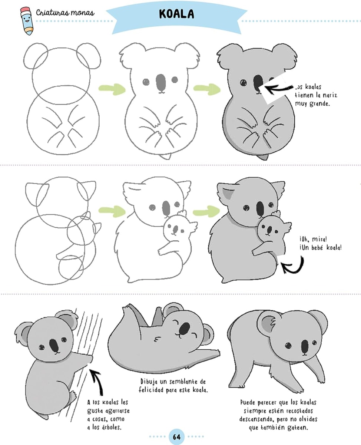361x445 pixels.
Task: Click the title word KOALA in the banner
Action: click(x=176, y=14)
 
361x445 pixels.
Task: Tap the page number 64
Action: click(x=176, y=437)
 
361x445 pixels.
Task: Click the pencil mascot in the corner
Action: click(x=27, y=21)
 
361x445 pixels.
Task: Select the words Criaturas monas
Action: click(x=65, y=13)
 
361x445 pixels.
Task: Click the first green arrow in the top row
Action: click(x=112, y=89)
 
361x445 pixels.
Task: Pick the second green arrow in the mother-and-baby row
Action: click(x=206, y=212)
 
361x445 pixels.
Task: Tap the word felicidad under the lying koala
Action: click(x=151, y=390)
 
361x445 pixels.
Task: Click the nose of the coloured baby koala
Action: click(x=269, y=230)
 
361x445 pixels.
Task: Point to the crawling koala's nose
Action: click(x=305, y=346)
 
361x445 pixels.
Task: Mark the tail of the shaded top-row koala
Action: click(x=264, y=157)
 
